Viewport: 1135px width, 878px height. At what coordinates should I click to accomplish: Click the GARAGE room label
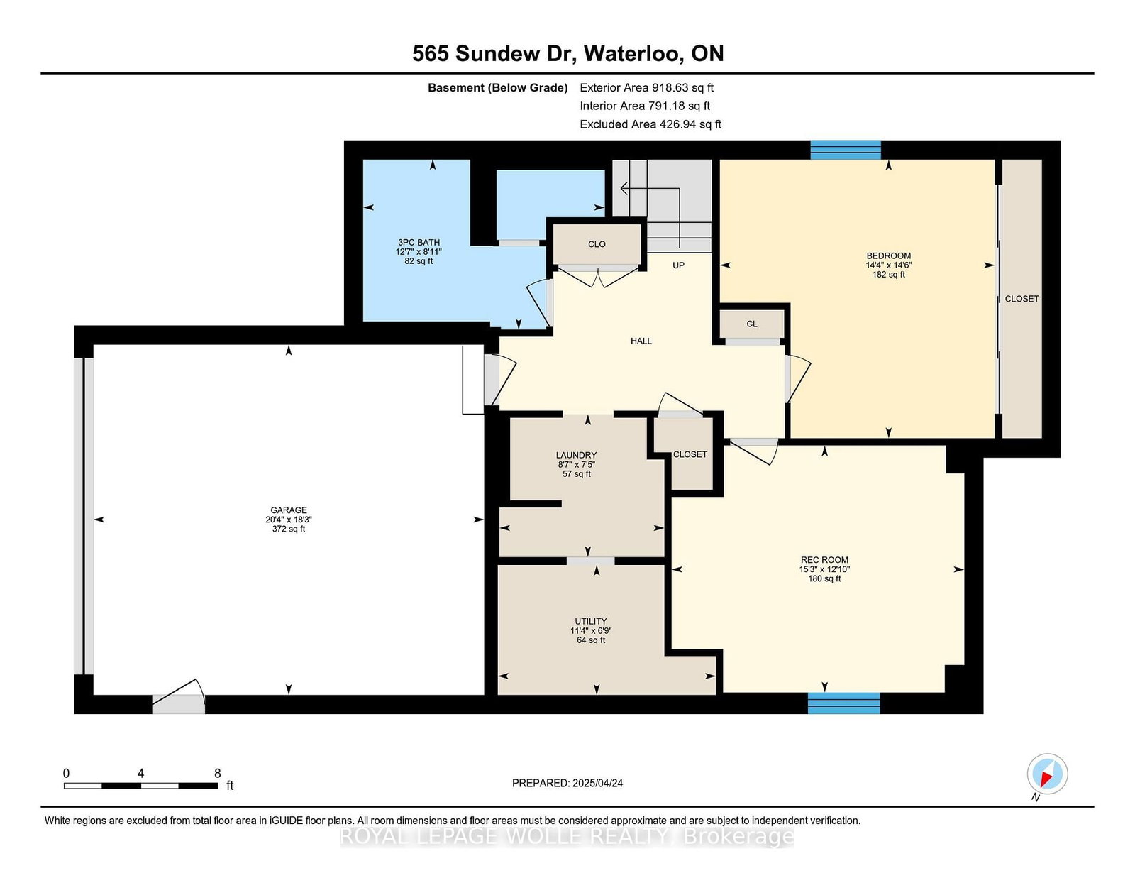pos(288,510)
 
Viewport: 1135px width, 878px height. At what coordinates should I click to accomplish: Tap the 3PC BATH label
pos(419,243)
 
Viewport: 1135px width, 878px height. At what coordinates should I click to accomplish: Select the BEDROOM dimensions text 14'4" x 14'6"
pos(888,265)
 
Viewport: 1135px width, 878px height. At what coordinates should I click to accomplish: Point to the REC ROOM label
pos(824,560)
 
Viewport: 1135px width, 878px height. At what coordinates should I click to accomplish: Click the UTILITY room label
pos(591,621)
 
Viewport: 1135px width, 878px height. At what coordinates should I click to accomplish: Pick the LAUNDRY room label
pos(576,455)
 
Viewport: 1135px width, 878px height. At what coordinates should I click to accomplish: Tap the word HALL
pos(641,341)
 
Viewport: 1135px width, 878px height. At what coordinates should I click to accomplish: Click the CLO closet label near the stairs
pos(597,244)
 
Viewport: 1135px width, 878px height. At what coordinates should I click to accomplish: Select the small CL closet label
pos(752,324)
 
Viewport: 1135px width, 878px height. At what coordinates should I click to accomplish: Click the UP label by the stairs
pos(678,265)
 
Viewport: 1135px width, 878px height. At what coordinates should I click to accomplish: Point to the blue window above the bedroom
pos(845,150)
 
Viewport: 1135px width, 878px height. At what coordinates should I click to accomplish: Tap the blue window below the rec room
pos(843,703)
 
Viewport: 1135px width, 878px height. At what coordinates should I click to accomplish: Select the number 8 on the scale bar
pos(217,773)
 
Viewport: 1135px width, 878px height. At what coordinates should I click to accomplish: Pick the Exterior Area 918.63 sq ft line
pos(647,88)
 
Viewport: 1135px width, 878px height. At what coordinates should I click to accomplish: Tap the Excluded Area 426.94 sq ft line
pos(650,124)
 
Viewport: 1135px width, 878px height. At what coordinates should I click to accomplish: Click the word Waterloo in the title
pos(633,54)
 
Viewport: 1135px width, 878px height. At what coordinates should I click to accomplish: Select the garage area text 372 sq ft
pos(288,529)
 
